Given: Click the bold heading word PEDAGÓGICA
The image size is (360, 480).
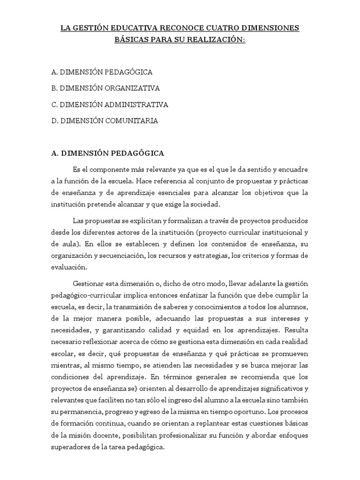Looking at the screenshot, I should coord(136,153).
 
